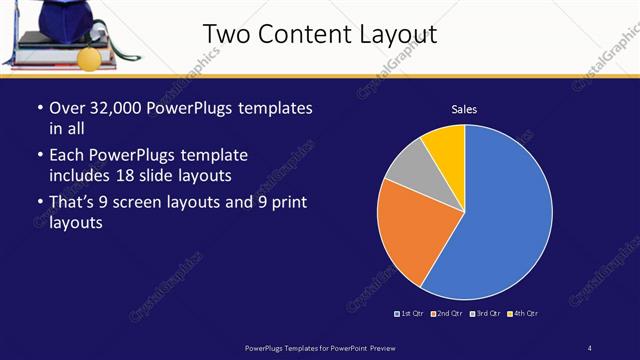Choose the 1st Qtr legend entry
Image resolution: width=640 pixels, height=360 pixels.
coord(410,314)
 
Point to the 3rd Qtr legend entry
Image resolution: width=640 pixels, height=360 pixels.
coord(485,314)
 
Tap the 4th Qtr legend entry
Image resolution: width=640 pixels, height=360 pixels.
coord(522,314)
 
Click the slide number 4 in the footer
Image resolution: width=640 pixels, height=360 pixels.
coord(590,347)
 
